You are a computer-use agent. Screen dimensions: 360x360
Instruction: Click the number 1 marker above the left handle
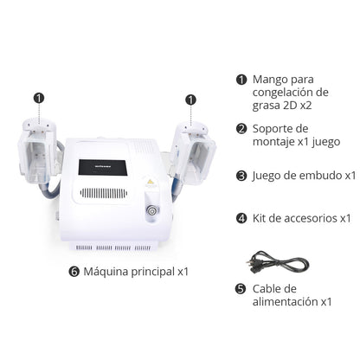(39, 99)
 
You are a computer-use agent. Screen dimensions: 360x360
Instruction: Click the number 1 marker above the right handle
(188, 99)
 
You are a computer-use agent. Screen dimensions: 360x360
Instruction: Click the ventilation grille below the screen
(104, 192)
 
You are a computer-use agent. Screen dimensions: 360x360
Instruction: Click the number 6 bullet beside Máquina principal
(74, 271)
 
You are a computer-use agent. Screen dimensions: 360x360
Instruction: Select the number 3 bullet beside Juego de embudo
(241, 175)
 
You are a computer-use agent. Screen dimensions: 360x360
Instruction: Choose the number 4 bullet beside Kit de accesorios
(241, 217)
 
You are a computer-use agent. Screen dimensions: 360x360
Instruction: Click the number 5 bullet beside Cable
(241, 288)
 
